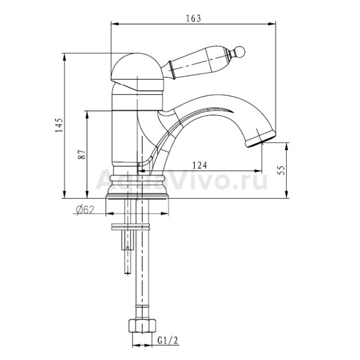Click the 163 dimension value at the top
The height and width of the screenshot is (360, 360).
click(193, 19)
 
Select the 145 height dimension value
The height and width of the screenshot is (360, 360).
click(59, 125)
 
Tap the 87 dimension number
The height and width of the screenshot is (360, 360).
click(82, 155)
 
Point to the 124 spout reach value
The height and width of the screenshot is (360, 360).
click(199, 165)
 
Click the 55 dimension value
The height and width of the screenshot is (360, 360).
click(281, 170)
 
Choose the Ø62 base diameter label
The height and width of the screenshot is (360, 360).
click(85, 209)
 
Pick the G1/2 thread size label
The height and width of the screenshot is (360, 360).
click(168, 340)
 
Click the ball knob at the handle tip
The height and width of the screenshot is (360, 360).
click(240, 52)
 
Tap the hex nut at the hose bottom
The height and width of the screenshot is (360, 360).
click(142, 325)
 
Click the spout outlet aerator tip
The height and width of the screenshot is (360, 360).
click(260, 139)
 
